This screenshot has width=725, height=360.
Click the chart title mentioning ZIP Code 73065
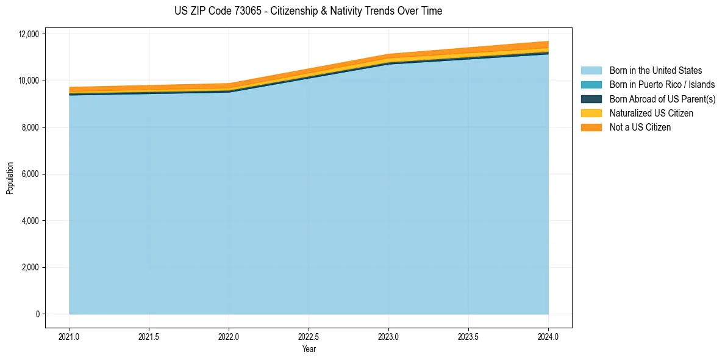pos(308,11)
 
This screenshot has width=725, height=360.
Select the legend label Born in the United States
pos(655,71)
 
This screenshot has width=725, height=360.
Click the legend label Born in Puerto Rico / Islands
pos(662,85)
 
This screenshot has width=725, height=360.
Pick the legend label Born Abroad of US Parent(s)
pos(662,99)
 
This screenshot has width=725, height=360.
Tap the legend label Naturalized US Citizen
pos(651,113)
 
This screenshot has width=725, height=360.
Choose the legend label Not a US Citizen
pos(640,128)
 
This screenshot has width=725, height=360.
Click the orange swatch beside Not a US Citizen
pos(591,128)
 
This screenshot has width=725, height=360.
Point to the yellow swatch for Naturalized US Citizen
pos(591,113)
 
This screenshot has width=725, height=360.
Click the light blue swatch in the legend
pos(591,71)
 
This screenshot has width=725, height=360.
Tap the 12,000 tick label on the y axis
pos(29,34)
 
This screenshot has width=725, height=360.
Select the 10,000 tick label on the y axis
pos(29,81)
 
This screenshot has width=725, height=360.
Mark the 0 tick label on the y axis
pos(37,314)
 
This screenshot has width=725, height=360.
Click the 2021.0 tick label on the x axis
pos(70,336)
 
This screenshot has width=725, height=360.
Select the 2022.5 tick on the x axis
pos(309,336)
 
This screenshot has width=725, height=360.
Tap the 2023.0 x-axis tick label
pos(389,336)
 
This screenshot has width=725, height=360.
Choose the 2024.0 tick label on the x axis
pos(548,336)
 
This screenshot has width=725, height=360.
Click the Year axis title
pos(309,349)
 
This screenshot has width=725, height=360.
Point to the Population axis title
pos(10,178)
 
